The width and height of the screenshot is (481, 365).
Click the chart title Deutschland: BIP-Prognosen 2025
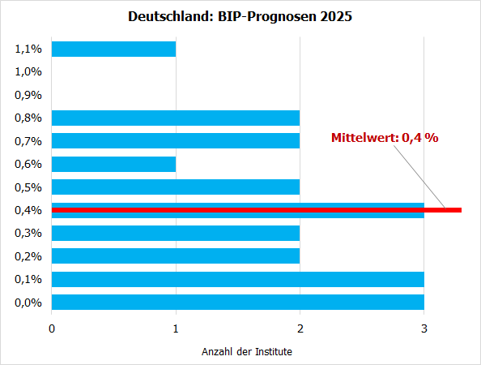tap(240, 16)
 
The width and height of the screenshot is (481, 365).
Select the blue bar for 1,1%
tap(113, 49)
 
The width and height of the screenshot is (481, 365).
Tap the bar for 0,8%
tap(176, 118)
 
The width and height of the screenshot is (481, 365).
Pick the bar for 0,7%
tap(176, 141)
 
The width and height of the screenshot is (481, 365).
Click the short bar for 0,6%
tap(113, 164)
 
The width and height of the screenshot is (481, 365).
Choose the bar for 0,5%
tap(176, 187)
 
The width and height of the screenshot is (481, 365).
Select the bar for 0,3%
tap(176, 233)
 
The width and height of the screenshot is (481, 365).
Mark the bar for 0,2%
tap(176, 256)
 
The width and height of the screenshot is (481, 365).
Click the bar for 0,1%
tap(237, 279)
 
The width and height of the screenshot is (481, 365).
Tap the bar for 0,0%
tap(237, 303)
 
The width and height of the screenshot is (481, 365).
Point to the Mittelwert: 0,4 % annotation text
tap(385, 138)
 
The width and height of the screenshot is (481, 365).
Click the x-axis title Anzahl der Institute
tap(247, 352)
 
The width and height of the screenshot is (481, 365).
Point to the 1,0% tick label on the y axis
tap(28, 71)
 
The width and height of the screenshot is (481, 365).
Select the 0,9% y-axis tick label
tap(28, 95)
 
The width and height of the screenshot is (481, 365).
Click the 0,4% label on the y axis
tap(28, 210)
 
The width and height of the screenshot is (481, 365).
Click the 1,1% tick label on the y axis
tap(28, 49)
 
